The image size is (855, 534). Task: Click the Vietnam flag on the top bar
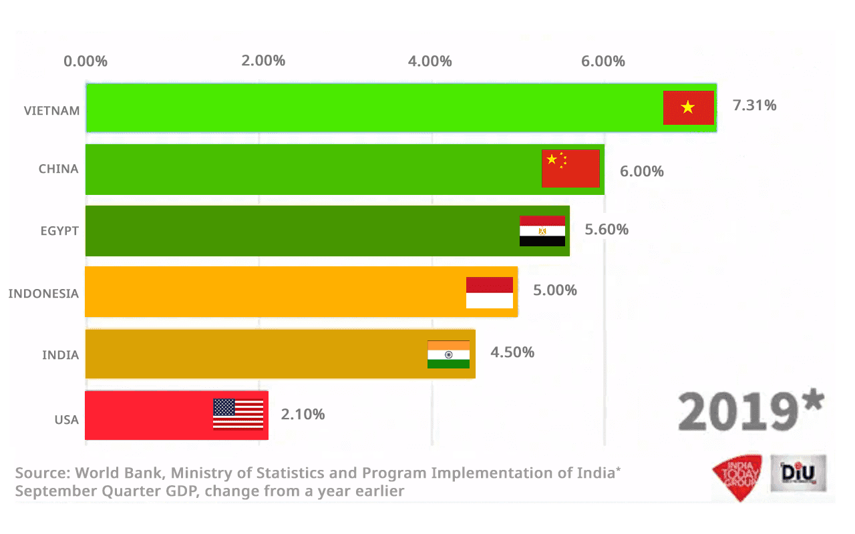pyautogui.click(x=689, y=107)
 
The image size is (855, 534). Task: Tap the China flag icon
pyautogui.click(x=570, y=168)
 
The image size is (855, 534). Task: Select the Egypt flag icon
pyautogui.click(x=542, y=231)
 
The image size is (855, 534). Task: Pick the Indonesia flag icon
pyautogui.click(x=490, y=292)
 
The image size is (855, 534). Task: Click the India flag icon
pyautogui.click(x=448, y=354)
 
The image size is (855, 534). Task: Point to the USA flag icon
pyautogui.click(x=238, y=414)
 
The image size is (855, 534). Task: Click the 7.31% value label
pyautogui.click(x=754, y=105)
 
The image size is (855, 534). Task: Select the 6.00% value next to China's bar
pyautogui.click(x=641, y=172)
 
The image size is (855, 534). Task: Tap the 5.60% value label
pyautogui.click(x=607, y=230)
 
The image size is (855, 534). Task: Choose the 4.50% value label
pyautogui.click(x=512, y=352)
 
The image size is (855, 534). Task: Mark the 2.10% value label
pyautogui.click(x=303, y=415)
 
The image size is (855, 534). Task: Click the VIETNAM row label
pyautogui.click(x=52, y=110)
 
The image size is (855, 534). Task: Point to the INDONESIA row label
pyautogui.click(x=43, y=293)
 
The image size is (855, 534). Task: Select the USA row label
pyautogui.click(x=66, y=420)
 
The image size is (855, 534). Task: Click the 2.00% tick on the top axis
pyautogui.click(x=263, y=61)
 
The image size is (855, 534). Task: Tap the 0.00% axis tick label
pyautogui.click(x=85, y=61)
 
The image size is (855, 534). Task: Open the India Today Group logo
pyautogui.click(x=737, y=477)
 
